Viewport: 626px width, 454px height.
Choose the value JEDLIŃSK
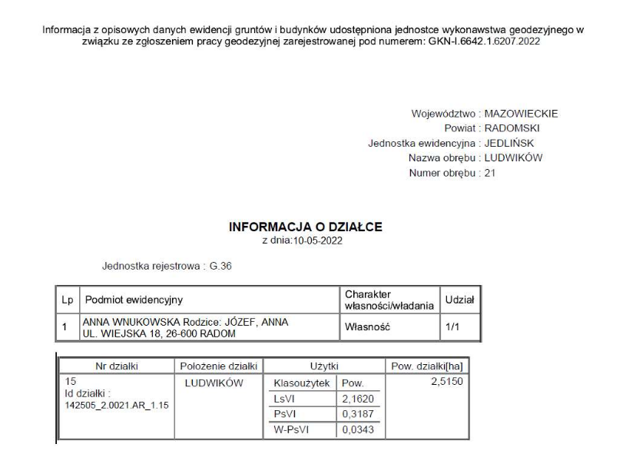(509, 143)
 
